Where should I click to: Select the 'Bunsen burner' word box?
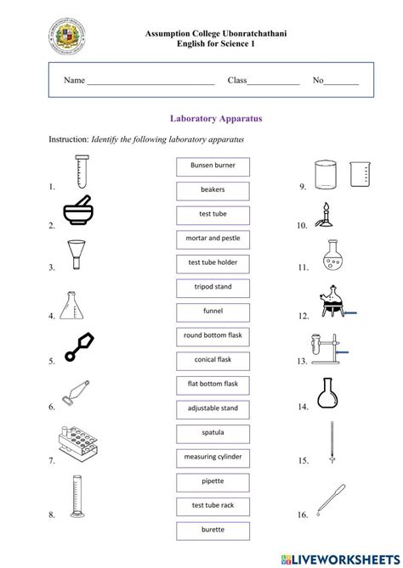pyautogui.click(x=213, y=165)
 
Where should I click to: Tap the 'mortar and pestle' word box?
pyautogui.click(x=213, y=239)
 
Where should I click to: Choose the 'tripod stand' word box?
pyautogui.click(x=213, y=287)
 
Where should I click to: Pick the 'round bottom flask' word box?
pyautogui.click(x=213, y=336)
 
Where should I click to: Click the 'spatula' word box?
pyautogui.click(x=213, y=433)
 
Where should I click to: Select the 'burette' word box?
pyautogui.click(x=213, y=531)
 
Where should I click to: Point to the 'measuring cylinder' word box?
pyautogui.click(x=213, y=458)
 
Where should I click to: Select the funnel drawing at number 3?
pyautogui.click(x=77, y=254)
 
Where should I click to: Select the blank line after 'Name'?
pyautogui.click(x=150, y=82)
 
